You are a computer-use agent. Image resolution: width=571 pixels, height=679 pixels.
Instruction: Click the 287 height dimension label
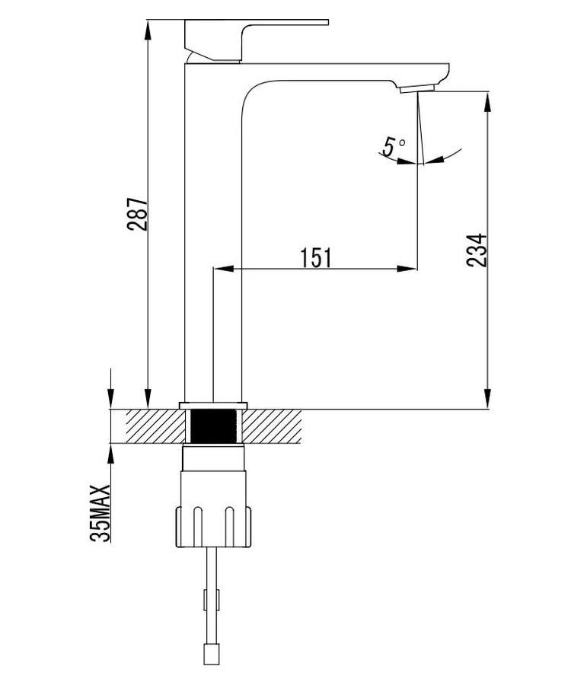pyautogui.click(x=137, y=214)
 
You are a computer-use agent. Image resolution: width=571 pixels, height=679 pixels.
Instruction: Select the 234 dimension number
pyautogui.click(x=477, y=250)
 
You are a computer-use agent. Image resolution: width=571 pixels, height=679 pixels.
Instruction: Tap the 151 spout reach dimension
pyautogui.click(x=315, y=258)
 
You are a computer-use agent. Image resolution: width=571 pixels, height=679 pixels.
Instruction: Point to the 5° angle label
pyautogui.click(x=394, y=146)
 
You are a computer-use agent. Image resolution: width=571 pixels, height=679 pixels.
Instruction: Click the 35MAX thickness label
pyautogui.click(x=100, y=513)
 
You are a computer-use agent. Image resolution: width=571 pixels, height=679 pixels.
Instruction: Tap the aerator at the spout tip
pyautogui.click(x=416, y=89)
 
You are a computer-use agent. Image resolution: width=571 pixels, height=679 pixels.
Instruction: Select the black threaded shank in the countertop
pyautogui.click(x=214, y=426)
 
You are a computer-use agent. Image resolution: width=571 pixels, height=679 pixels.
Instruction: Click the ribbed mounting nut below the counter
pyautogui.click(x=213, y=527)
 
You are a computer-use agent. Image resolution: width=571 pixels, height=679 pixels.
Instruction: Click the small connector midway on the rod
pyautogui.click(x=212, y=599)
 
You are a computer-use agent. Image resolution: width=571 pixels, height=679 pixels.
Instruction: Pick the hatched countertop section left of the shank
pyautogui.click(x=156, y=426)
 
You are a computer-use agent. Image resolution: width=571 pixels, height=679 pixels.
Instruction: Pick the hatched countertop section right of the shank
pyautogui.click(x=272, y=426)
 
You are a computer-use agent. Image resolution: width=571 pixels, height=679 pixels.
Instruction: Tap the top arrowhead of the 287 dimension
pyautogui.click(x=148, y=29)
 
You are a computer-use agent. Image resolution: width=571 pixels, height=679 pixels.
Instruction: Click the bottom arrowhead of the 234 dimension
pyautogui.click(x=487, y=399)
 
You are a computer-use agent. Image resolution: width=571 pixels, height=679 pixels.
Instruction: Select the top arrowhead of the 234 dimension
pyautogui.click(x=487, y=101)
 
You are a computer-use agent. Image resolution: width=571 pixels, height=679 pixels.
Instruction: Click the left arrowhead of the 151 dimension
pyautogui.click(x=224, y=269)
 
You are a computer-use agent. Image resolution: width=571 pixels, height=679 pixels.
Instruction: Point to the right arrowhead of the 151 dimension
pyautogui.click(x=407, y=269)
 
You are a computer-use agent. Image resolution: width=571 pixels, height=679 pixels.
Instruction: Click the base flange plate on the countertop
pyautogui.click(x=213, y=405)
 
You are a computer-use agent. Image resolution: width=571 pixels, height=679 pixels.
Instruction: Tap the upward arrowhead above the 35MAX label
pyautogui.click(x=111, y=453)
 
